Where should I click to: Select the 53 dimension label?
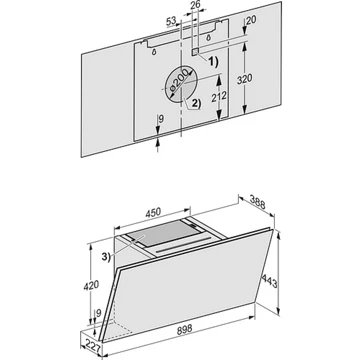tap(171, 22)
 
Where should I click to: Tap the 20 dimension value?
tap(251, 20)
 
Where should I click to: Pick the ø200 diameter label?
tap(179, 80)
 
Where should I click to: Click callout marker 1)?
tap(213, 62)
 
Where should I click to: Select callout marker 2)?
tap(196, 104)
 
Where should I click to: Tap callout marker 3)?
tap(105, 257)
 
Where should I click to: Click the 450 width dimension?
tap(153, 212)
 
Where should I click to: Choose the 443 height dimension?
tap(269, 281)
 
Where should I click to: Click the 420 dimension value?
tap(92, 285)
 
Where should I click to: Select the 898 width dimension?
tap(184, 329)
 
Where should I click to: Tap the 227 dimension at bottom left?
tap(91, 343)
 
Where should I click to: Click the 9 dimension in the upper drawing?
tap(161, 119)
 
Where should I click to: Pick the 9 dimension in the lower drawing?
tap(98, 313)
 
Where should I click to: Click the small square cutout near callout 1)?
tap(195, 51)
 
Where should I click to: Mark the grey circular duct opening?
tap(181, 85)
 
